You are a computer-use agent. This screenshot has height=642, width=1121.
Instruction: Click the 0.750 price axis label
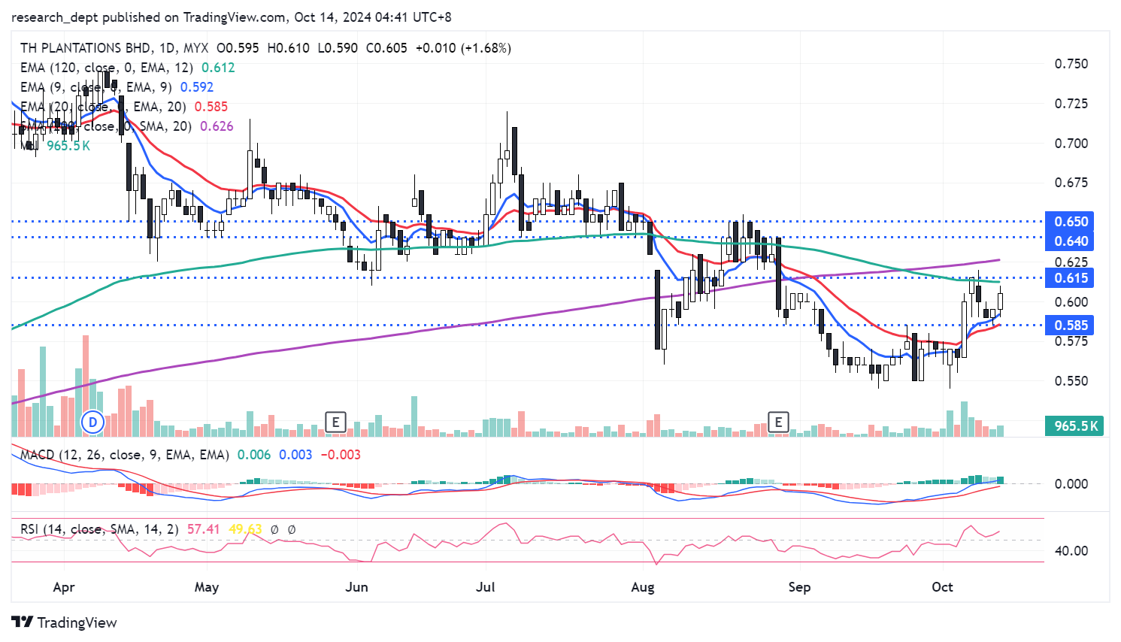1071,64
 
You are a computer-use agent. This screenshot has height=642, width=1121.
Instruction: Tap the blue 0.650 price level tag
1071,222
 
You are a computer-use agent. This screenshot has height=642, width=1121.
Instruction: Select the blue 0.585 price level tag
1071,326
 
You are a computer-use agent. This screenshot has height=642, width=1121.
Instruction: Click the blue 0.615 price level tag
1071,278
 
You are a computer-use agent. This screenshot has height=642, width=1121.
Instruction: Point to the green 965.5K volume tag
1076,426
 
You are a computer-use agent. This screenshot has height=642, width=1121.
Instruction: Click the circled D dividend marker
93,422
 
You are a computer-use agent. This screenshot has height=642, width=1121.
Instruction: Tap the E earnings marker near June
335,422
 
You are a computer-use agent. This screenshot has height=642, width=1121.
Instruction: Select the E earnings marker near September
778,422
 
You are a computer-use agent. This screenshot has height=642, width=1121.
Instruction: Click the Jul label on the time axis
486,587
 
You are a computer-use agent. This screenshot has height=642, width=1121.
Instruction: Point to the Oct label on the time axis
942,587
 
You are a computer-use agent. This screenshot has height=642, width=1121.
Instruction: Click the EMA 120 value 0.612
218,68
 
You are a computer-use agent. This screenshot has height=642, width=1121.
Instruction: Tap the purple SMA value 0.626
217,126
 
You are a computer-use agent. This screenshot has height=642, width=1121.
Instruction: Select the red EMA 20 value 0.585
211,107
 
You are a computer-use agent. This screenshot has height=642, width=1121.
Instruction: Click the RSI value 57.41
203,529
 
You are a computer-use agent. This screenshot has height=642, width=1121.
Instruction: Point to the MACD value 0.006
253,455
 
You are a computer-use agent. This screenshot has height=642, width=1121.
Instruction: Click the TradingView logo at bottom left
65,622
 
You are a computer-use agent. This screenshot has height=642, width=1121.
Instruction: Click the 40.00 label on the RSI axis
1071,551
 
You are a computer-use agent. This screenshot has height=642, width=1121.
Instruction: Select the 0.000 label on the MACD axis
1071,484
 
